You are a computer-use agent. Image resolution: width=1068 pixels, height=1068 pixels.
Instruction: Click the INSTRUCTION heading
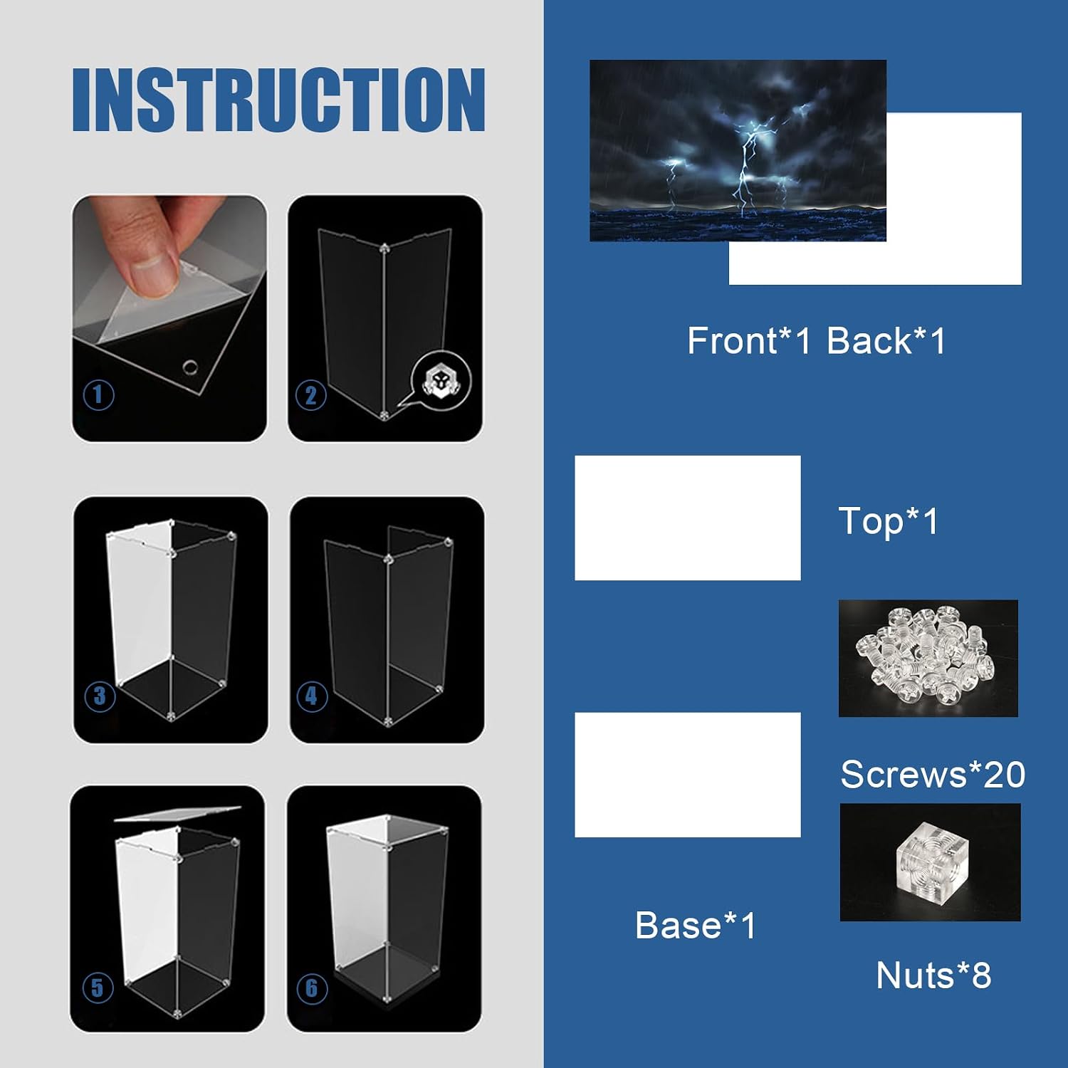(x=278, y=100)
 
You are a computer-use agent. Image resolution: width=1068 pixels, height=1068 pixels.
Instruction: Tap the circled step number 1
(x=99, y=395)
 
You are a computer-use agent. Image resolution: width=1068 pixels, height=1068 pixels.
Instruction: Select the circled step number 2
(x=311, y=396)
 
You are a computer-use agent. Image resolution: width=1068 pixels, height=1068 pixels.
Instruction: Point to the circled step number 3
(x=100, y=696)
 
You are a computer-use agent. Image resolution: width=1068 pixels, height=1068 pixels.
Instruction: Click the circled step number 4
(x=312, y=696)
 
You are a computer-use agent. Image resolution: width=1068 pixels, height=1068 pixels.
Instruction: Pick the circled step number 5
(x=98, y=988)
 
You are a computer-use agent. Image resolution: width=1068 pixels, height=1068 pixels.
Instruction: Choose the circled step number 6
(x=312, y=988)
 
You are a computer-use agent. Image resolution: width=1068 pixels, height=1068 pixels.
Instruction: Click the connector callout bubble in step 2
(x=439, y=381)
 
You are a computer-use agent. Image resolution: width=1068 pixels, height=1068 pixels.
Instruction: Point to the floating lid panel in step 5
(x=178, y=813)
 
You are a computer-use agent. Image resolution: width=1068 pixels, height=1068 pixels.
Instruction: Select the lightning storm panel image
(x=738, y=150)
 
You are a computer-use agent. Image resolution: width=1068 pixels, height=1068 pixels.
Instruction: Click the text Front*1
(x=749, y=340)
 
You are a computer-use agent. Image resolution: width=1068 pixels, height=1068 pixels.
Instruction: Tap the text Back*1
(x=886, y=340)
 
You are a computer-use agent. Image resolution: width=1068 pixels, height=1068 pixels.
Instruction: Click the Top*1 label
(x=889, y=521)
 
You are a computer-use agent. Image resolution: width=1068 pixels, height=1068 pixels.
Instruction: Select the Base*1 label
(x=696, y=925)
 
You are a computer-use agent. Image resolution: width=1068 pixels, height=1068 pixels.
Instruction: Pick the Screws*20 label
(x=933, y=774)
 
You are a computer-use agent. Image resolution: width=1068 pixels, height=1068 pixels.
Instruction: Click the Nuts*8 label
(x=933, y=975)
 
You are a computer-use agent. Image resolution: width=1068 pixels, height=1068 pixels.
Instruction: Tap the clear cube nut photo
(x=931, y=862)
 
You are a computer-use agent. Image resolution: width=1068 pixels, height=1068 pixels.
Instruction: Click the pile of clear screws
(x=927, y=657)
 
